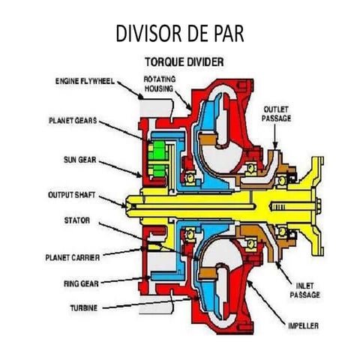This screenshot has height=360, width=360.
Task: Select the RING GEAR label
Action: click(82, 284)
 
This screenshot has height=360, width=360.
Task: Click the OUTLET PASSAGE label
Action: click(276, 114)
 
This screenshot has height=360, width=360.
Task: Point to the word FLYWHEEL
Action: click(97, 80)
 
